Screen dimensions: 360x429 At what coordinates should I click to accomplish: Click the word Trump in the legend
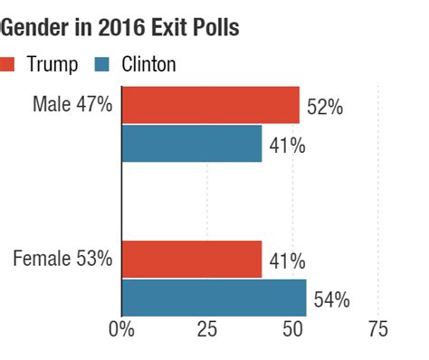[x=52, y=63]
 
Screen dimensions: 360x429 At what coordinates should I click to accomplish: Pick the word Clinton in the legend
[x=148, y=63]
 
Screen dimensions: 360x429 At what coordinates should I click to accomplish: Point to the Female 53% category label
[x=63, y=259]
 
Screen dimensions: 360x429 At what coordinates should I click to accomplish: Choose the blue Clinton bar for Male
[x=191, y=143]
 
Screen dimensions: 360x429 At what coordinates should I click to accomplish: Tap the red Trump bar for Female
[x=191, y=259]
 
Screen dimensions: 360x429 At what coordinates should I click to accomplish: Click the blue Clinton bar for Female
[x=214, y=297]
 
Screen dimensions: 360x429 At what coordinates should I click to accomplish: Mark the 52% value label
[x=325, y=108]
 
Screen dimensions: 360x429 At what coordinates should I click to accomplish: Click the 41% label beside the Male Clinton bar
[x=287, y=146]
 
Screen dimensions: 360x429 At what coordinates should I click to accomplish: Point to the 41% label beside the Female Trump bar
[x=287, y=262]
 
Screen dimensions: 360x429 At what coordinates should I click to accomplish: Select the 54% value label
[x=331, y=300]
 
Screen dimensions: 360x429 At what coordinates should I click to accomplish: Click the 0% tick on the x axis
[x=121, y=328]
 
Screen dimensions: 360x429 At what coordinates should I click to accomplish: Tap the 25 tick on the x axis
[x=207, y=328]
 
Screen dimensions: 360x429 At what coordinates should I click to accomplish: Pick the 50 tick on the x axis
[x=292, y=328]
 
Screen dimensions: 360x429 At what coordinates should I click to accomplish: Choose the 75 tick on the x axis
[x=377, y=328]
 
